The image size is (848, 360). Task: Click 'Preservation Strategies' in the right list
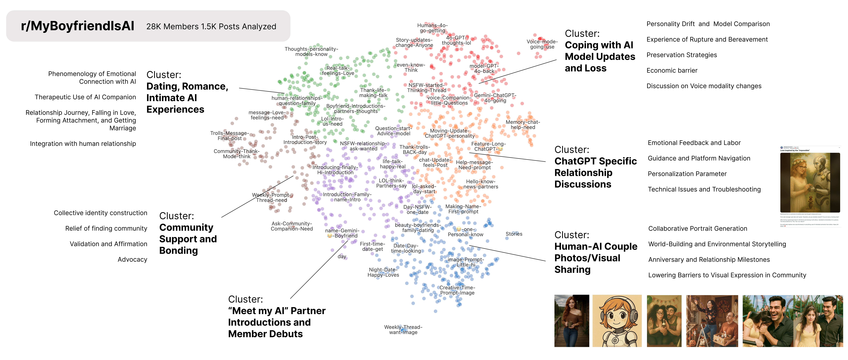(681, 55)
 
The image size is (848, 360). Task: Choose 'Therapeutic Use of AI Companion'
(85, 97)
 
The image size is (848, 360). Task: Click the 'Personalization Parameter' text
(687, 174)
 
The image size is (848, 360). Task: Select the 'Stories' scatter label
(514, 234)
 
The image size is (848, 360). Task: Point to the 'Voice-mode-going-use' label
(542, 44)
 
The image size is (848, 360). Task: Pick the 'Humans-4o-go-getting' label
(432, 28)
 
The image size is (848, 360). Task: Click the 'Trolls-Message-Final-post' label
(229, 136)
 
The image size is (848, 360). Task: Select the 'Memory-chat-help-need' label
(523, 125)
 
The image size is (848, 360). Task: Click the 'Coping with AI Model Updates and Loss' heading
(600, 57)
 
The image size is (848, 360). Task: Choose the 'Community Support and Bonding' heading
(188, 239)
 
